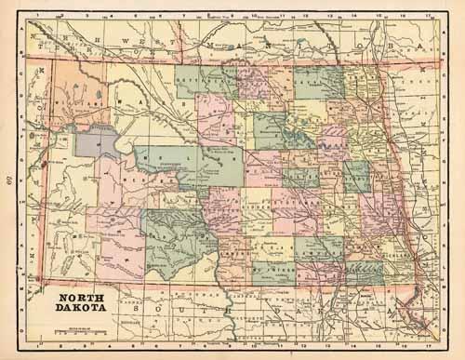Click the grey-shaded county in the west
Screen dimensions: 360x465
pyautogui.click(x=97, y=141)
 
